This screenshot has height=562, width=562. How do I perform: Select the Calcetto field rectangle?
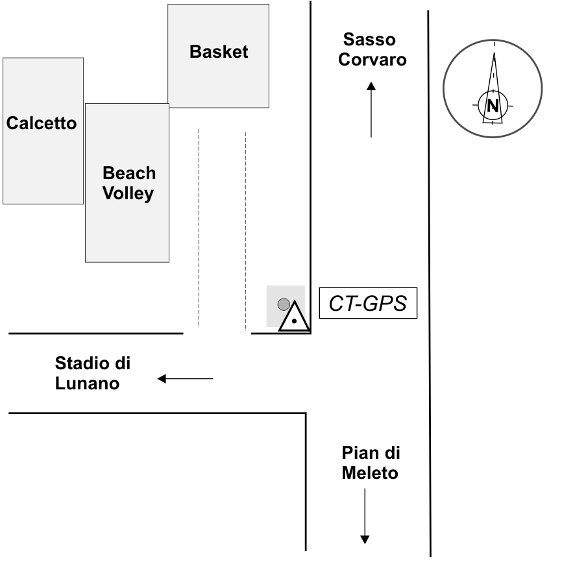[43, 162]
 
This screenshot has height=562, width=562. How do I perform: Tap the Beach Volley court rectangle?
[127, 227]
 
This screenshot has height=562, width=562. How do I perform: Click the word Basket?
[219, 52]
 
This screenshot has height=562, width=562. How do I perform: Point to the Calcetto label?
[42, 123]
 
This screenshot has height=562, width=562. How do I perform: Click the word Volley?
[128, 193]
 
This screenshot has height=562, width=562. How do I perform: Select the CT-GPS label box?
[367, 304]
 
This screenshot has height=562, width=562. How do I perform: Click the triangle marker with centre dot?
[294, 318]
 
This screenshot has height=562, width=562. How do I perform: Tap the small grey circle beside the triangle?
[283, 304]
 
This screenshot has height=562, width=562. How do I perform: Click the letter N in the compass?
[493, 105]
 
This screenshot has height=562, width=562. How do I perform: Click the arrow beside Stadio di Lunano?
[185, 378]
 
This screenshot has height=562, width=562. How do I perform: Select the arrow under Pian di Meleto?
[365, 516]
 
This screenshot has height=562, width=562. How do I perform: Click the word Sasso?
[369, 40]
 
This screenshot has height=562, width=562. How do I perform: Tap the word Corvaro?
[374, 60]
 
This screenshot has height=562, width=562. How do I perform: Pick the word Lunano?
[87, 383]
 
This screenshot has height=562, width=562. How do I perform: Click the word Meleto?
[370, 473]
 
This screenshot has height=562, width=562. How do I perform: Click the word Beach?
[129, 173]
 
